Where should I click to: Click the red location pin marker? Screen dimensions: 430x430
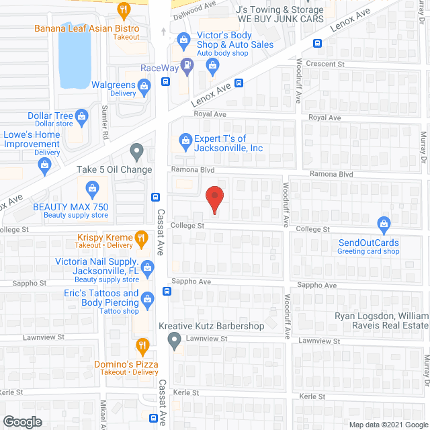coord(214,200)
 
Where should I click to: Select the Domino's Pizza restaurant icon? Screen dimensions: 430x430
coord(142,347)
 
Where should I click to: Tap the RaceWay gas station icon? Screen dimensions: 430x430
coord(188,65)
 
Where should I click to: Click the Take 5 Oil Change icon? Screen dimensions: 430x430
coord(136,152)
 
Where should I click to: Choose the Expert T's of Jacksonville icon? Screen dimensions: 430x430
coord(185,140)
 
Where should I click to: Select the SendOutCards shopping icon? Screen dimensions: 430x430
coord(384,223)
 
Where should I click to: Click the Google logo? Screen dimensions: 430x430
coord(22,421)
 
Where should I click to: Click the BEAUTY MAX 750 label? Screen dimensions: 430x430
coord(71,208)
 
